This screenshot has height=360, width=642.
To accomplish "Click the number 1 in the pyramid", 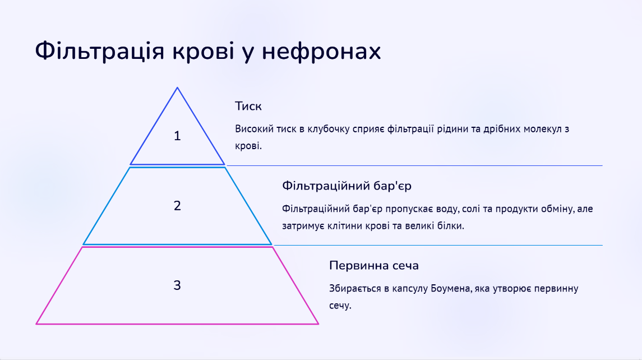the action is click(x=177, y=136).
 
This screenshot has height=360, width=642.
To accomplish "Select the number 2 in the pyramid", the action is click(x=177, y=206).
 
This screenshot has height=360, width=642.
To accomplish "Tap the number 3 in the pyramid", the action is click(x=177, y=285).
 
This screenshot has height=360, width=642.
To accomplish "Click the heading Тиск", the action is click(x=248, y=106).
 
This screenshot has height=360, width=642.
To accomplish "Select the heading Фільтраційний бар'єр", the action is click(x=347, y=186).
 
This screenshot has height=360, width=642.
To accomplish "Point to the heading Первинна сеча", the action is click(x=374, y=265).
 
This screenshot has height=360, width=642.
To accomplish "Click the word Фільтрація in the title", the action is click(x=99, y=51).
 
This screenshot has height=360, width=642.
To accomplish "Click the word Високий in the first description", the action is click(x=254, y=129).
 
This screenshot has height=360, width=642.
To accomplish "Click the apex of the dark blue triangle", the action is click(x=177, y=87).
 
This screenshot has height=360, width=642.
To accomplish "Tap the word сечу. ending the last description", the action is click(x=340, y=306).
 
